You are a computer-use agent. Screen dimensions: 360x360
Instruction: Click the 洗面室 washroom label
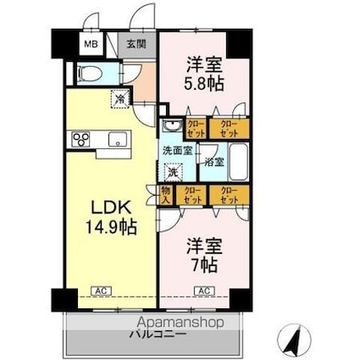(177, 150)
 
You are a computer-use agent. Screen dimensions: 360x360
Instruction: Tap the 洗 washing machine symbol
(173, 172)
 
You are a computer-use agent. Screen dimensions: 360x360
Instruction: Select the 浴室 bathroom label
(213, 161)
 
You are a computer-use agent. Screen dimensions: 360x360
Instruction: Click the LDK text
(109, 208)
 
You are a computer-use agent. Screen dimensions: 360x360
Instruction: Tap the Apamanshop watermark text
(179, 323)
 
